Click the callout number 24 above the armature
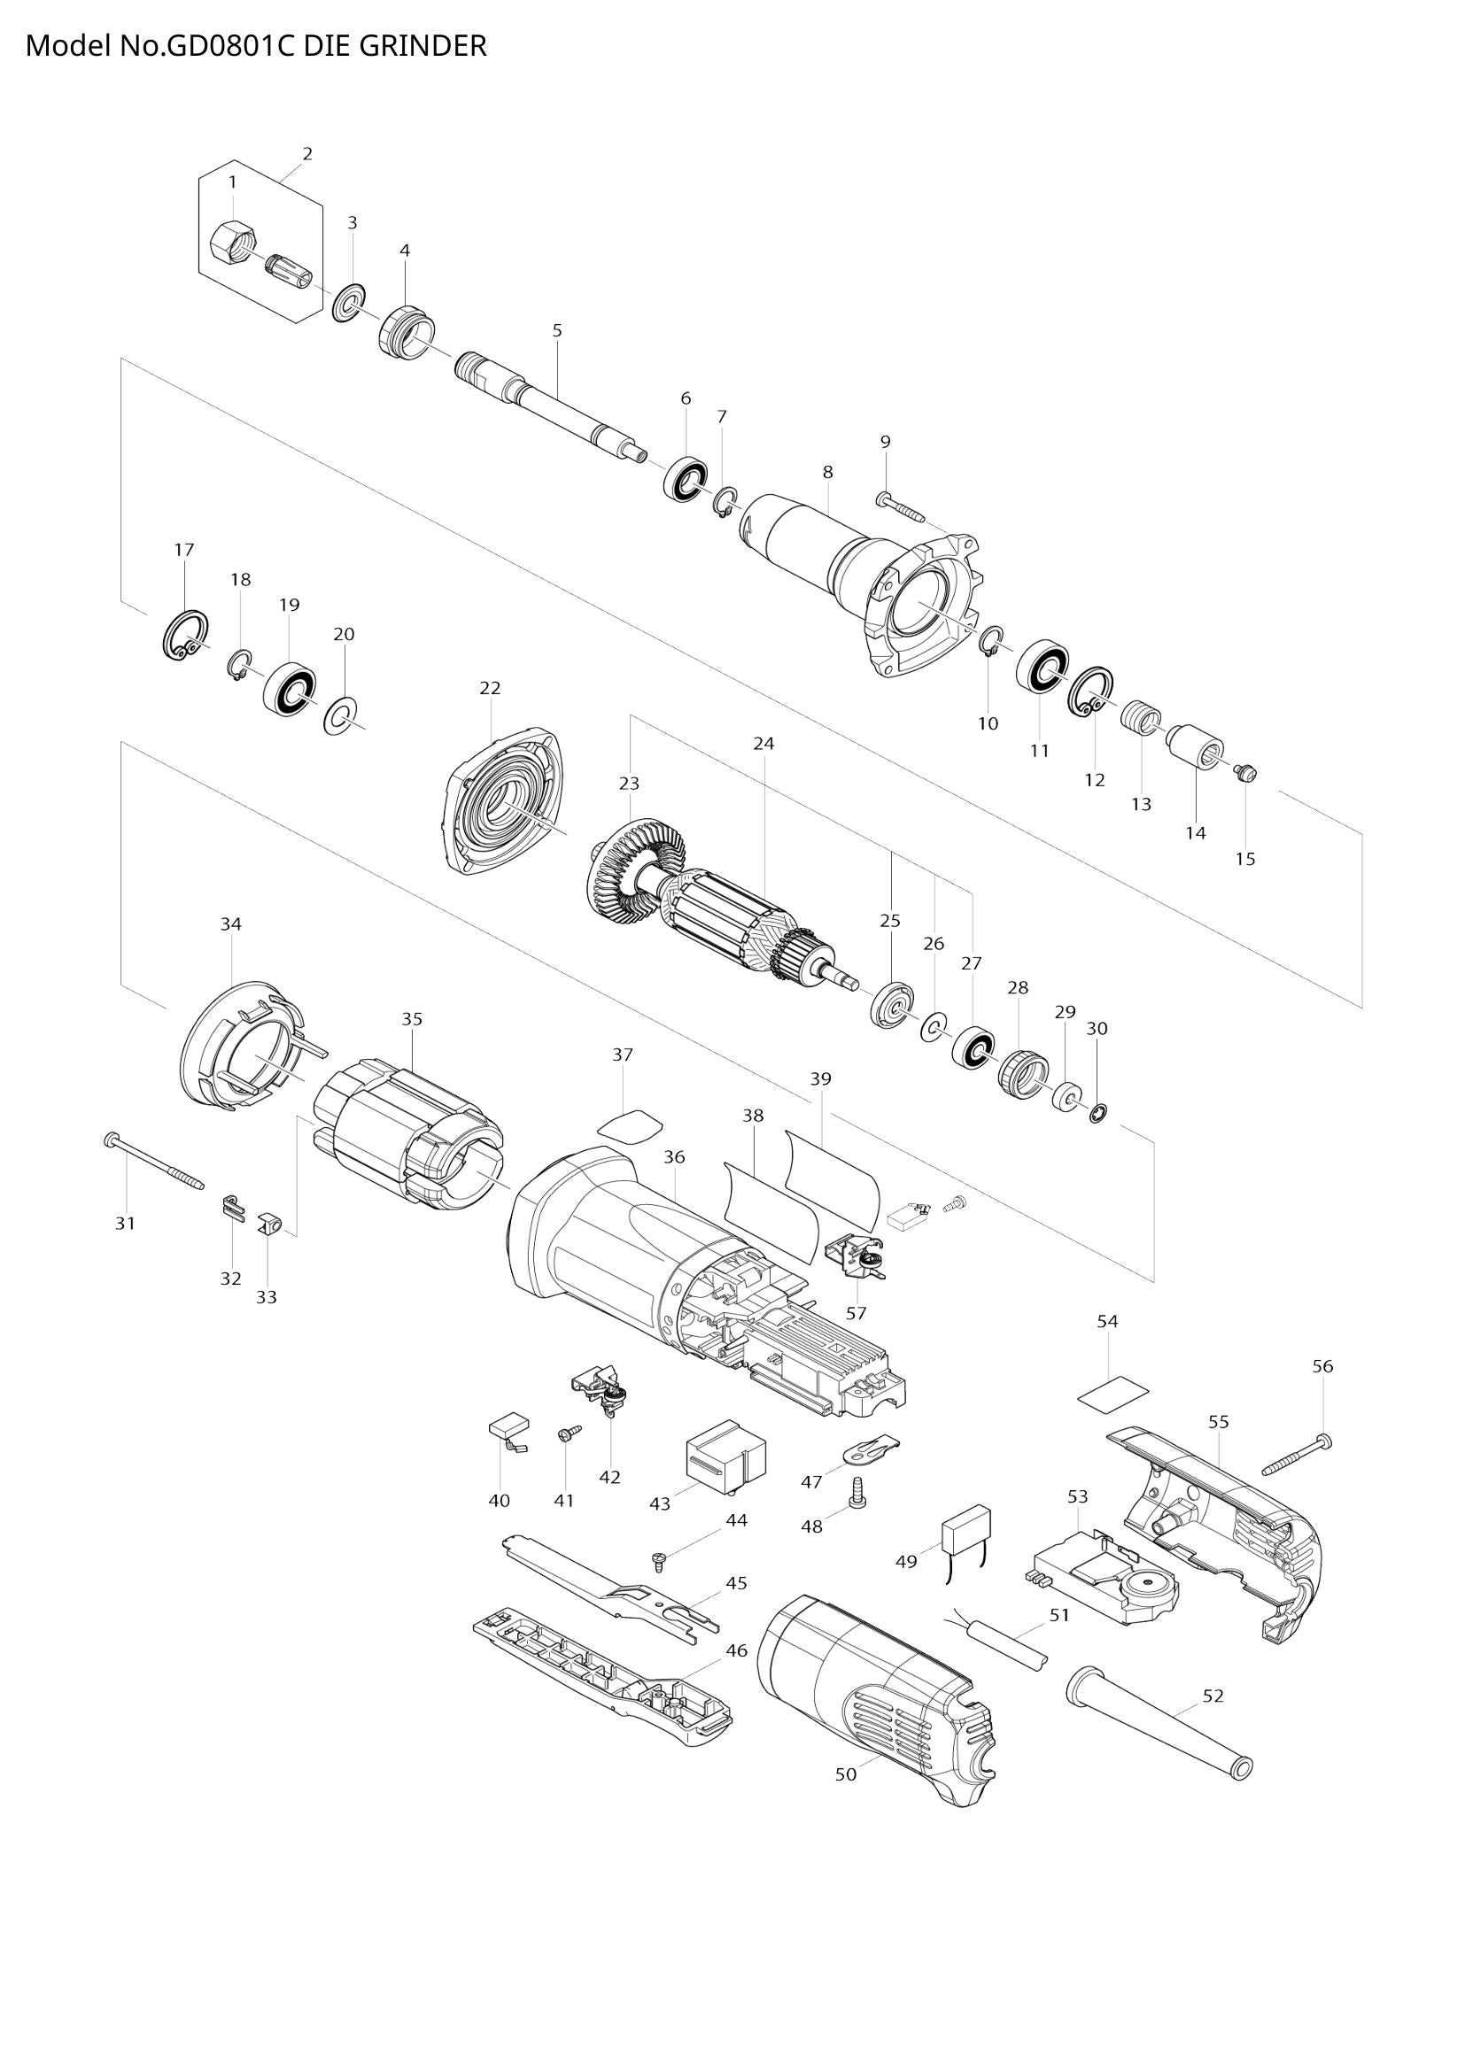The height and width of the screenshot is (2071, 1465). pyautogui.click(x=764, y=743)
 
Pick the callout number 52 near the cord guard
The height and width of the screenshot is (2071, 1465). pyautogui.click(x=1213, y=1696)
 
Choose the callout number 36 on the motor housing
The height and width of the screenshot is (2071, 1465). pyautogui.click(x=674, y=1156)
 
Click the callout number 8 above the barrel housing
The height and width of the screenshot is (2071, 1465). pyautogui.click(x=827, y=472)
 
